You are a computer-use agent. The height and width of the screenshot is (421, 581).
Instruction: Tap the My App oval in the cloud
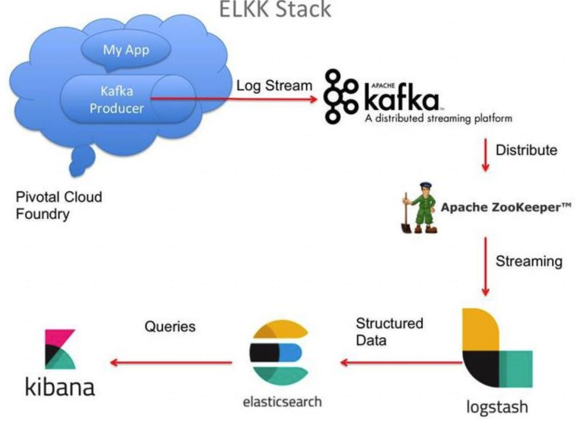click(126, 49)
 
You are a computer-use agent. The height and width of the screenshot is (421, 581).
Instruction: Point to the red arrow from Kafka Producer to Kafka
click(234, 100)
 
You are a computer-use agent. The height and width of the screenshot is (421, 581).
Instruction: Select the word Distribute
click(525, 150)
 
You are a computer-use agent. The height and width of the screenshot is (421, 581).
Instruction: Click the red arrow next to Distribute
click(485, 154)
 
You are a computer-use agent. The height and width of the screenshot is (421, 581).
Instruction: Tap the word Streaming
click(529, 261)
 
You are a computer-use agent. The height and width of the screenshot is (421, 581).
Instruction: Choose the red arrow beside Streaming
click(485, 267)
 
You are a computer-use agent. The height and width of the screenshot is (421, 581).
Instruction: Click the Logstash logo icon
click(497, 348)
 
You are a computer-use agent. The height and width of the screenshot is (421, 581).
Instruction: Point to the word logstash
click(497, 404)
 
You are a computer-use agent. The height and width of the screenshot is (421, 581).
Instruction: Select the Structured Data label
click(389, 331)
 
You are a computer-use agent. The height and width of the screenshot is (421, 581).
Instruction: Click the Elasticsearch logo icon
click(279, 353)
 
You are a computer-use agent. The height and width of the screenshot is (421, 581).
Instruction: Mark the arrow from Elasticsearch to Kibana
click(174, 361)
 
